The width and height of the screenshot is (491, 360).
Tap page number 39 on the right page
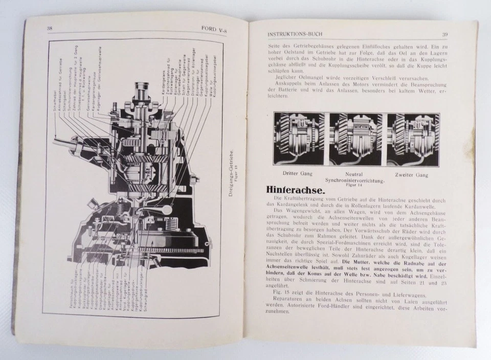coord(445,35)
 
